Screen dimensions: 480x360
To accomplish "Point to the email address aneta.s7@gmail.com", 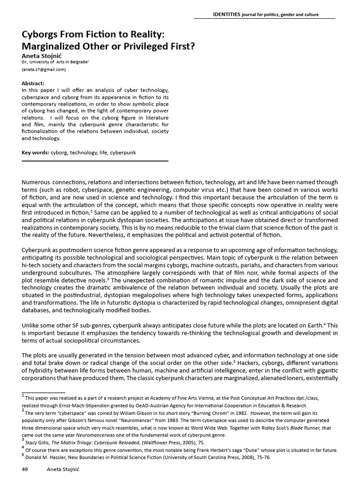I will pyautogui.click(x=44, y=70).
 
